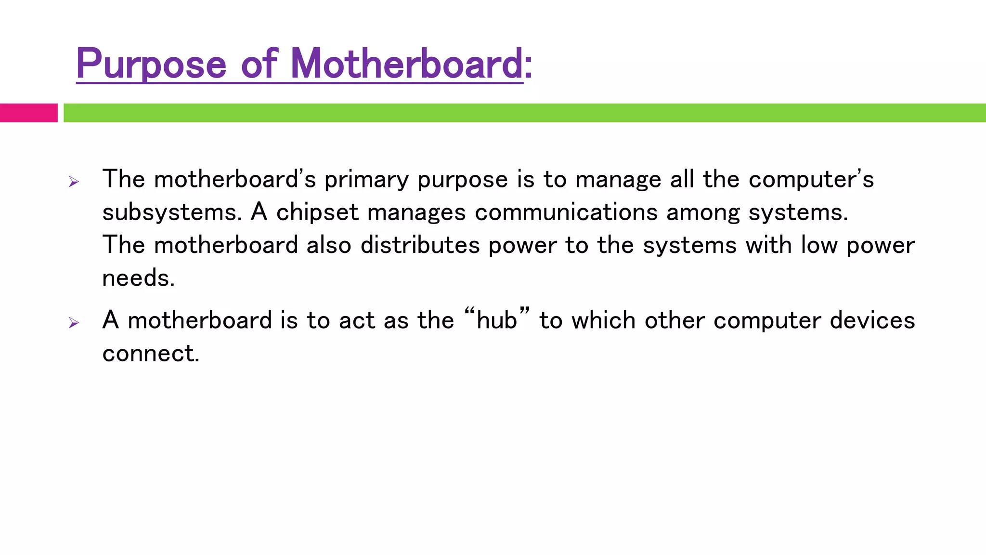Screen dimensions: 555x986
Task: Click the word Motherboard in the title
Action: [x=407, y=64]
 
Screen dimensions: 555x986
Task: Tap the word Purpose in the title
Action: [x=151, y=65]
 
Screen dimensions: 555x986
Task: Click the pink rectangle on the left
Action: [x=28, y=113]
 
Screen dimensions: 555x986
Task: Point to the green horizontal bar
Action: [x=524, y=113]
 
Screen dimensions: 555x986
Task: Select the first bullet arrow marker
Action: [x=74, y=182]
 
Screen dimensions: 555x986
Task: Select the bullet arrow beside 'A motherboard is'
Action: [x=74, y=322]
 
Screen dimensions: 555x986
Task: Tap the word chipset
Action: [x=317, y=212]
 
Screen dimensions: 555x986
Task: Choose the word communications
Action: [x=566, y=212]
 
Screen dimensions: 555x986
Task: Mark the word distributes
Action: [x=420, y=245]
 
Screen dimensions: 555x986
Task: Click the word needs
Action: [x=138, y=278]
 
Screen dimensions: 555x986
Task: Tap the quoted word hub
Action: [x=496, y=320]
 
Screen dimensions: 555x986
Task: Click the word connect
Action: [x=150, y=353]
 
